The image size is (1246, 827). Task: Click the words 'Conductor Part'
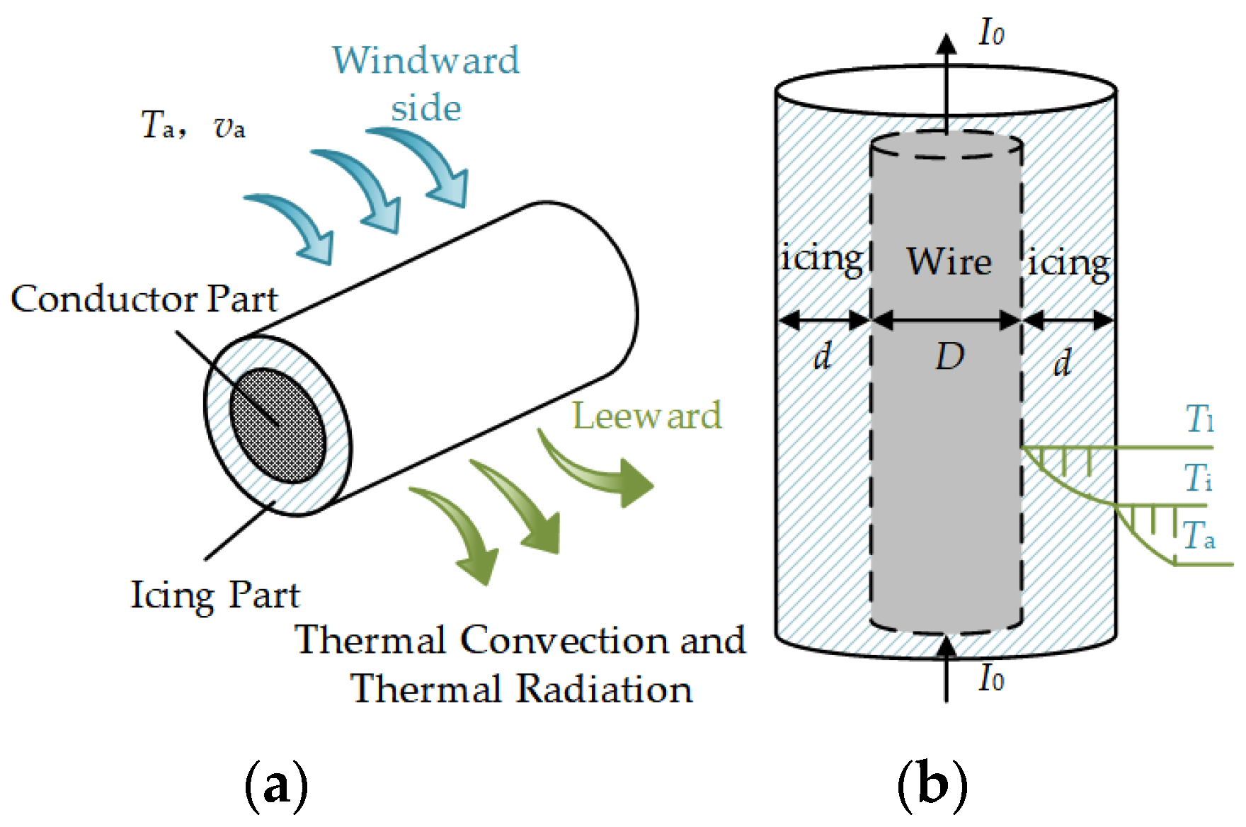click(x=144, y=299)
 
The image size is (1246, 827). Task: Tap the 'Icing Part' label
click(x=215, y=595)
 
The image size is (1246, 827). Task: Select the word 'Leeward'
click(x=647, y=416)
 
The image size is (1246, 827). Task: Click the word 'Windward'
click(x=426, y=60)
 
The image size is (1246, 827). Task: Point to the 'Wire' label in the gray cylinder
click(x=949, y=261)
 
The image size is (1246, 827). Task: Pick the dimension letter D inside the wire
click(x=949, y=356)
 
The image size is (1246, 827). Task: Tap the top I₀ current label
click(x=991, y=33)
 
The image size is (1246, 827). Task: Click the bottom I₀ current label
click(x=991, y=678)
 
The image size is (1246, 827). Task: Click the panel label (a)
click(x=276, y=785)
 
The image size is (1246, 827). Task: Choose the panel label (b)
click(x=932, y=785)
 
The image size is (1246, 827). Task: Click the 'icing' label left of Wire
click(x=821, y=259)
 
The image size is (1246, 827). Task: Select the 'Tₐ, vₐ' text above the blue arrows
click(x=193, y=125)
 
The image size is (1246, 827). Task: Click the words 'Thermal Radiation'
click(x=522, y=688)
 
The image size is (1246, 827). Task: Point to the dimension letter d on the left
click(x=822, y=355)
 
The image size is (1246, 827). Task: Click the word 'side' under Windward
click(x=426, y=108)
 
